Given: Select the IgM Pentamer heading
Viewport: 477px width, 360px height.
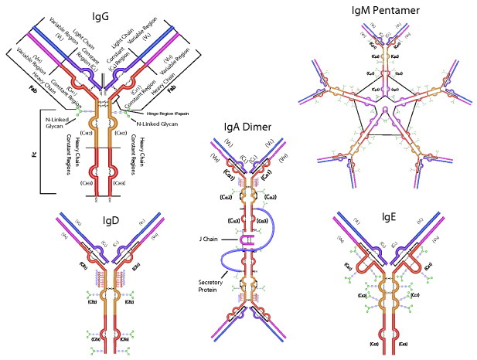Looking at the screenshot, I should tap(374, 10).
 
